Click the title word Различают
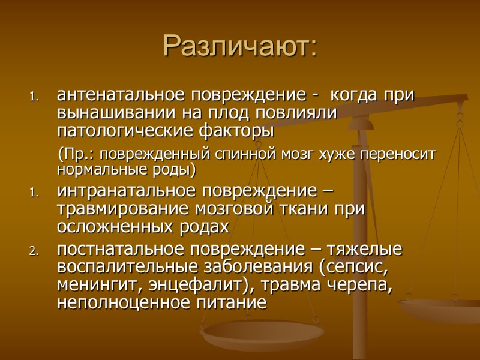pos(239,47)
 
